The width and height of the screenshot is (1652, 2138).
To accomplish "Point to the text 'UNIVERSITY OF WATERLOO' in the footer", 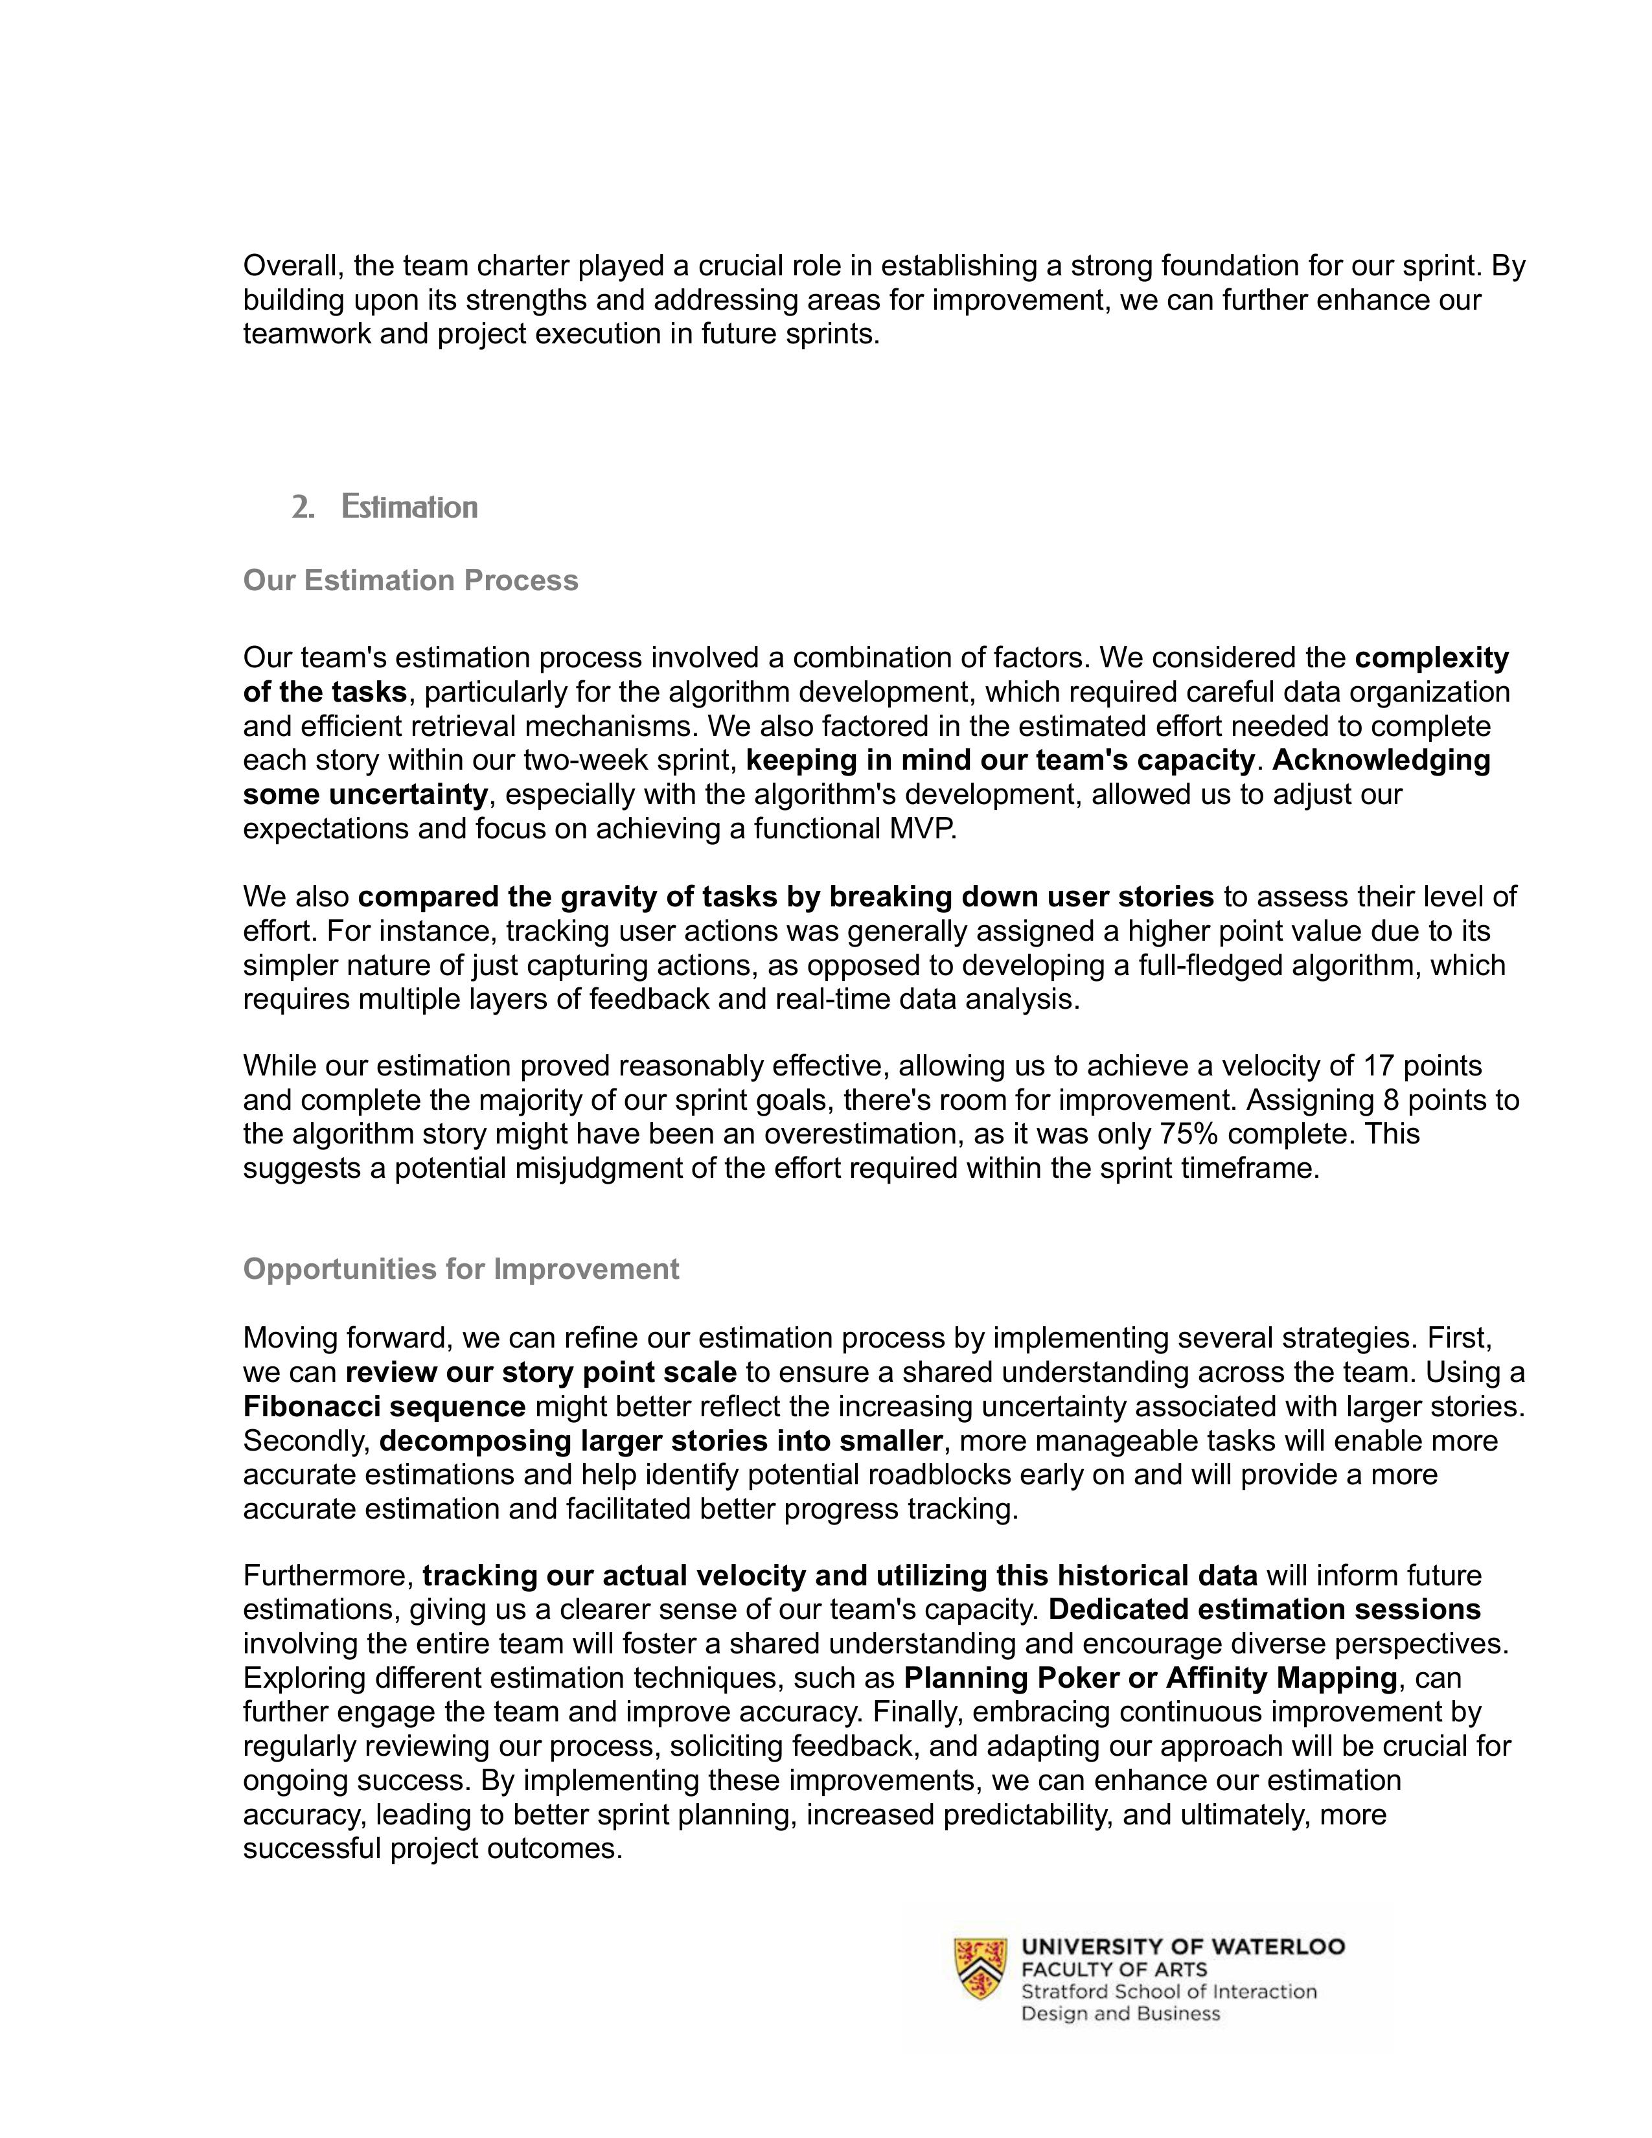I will point(1182,1947).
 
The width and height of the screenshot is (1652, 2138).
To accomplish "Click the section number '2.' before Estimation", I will point(303,507).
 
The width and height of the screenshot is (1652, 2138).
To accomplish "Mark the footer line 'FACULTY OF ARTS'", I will point(1114,1970).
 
